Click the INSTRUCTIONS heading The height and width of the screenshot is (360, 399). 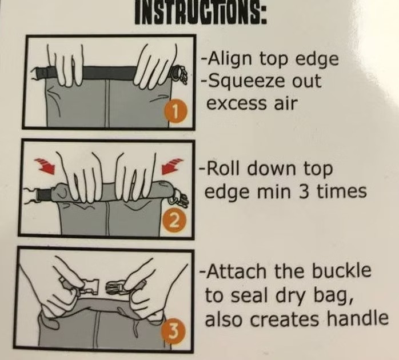tap(201, 12)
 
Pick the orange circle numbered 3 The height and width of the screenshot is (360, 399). tap(173, 330)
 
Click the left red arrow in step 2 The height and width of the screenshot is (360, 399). tap(45, 165)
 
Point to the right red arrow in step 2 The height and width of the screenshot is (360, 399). tap(173, 166)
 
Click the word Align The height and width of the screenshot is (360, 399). tap(230, 59)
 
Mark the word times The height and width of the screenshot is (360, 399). tap(341, 191)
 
